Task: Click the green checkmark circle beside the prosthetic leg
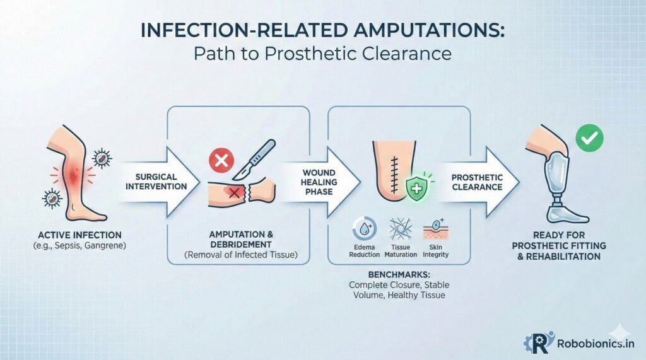589,137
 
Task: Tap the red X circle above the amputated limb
221,161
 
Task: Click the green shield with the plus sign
414,188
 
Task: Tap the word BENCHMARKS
397,276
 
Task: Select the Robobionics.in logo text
596,343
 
